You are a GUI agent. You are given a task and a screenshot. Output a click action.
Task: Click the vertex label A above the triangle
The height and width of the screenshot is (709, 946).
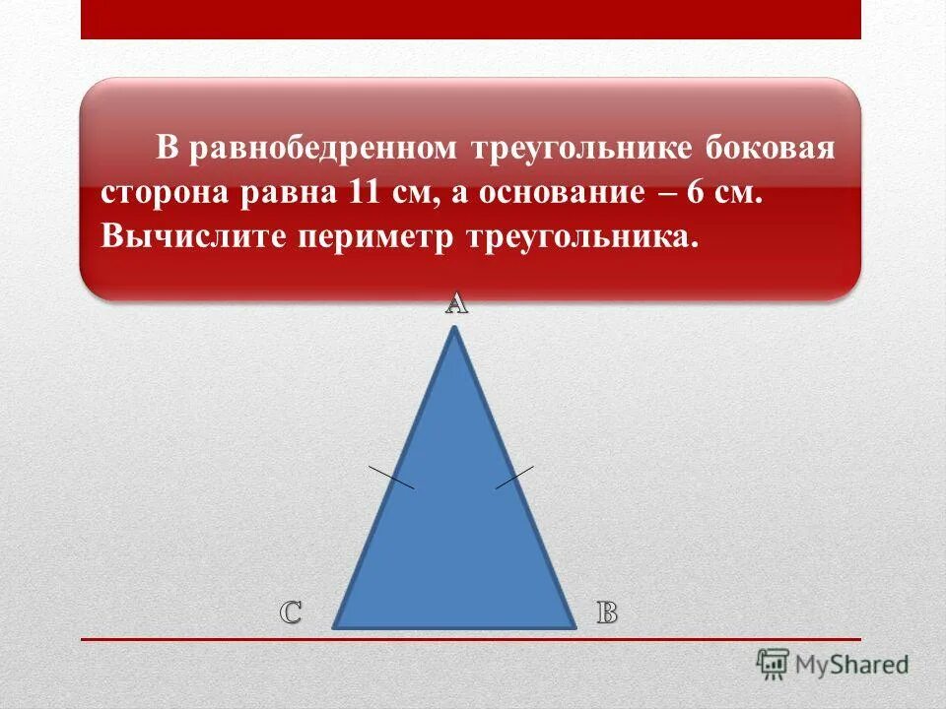click(455, 304)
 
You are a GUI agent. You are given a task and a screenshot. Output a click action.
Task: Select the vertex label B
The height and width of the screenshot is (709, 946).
click(607, 612)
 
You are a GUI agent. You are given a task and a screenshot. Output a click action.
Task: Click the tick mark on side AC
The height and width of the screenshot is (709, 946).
click(391, 476)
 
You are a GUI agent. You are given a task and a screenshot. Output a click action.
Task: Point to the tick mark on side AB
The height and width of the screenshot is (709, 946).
click(513, 477)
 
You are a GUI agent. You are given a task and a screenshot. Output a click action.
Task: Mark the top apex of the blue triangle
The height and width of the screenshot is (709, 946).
click(454, 330)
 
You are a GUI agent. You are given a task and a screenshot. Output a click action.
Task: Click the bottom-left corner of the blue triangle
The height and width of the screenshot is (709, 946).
click(335, 626)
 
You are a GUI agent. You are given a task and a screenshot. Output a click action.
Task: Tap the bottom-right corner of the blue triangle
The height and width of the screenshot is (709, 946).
click(574, 626)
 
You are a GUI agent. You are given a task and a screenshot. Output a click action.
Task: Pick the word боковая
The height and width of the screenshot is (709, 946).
click(770, 150)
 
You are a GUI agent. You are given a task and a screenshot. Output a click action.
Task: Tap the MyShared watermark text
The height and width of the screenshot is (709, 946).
click(852, 664)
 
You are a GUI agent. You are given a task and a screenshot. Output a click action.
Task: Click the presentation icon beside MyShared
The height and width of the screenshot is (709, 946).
click(774, 664)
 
